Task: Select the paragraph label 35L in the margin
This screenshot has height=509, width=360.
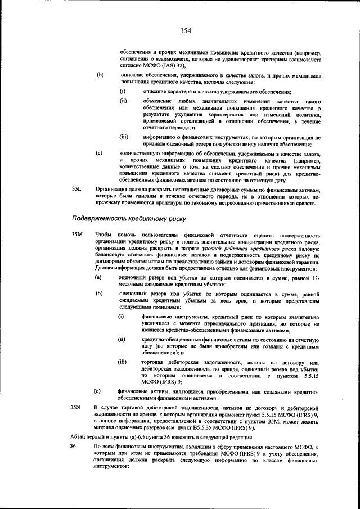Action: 77,190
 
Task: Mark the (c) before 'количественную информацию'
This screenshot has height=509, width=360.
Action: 100,152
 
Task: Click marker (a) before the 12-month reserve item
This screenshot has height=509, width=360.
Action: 98,278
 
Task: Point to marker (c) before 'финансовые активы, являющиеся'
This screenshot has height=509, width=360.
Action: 98,390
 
